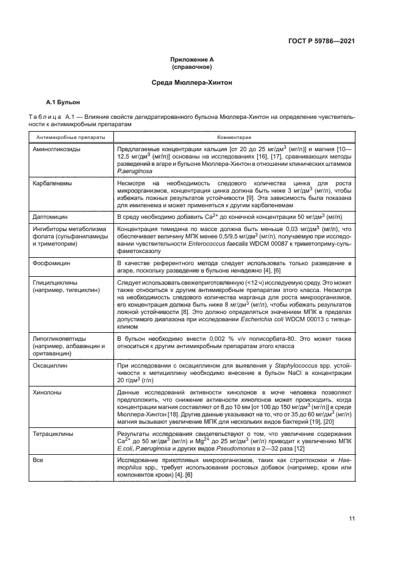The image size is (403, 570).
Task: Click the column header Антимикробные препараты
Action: tap(70, 137)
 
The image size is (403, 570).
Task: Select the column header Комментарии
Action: tap(233, 137)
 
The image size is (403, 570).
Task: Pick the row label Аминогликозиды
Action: tap(59, 148)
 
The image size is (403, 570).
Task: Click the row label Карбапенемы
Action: tap(55, 182)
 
